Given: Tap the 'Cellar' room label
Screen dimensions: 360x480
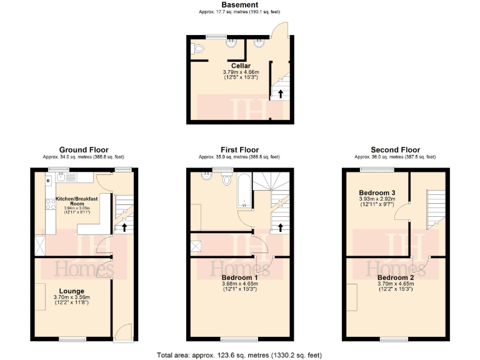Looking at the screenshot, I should click(x=241, y=66).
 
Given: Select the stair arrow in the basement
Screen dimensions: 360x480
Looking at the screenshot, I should click(x=281, y=94).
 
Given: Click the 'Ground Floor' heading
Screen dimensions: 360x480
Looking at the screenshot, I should click(x=83, y=150).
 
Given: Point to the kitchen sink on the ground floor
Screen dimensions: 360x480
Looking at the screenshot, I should click(x=59, y=178).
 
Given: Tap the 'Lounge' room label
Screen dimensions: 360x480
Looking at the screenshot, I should click(x=72, y=291).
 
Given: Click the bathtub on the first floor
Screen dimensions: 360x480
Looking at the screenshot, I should click(x=244, y=190).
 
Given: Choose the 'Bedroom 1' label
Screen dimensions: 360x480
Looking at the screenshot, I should click(x=240, y=277).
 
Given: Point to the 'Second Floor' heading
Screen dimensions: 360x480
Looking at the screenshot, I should click(x=395, y=150).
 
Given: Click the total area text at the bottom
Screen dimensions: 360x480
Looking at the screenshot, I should click(x=240, y=355).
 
